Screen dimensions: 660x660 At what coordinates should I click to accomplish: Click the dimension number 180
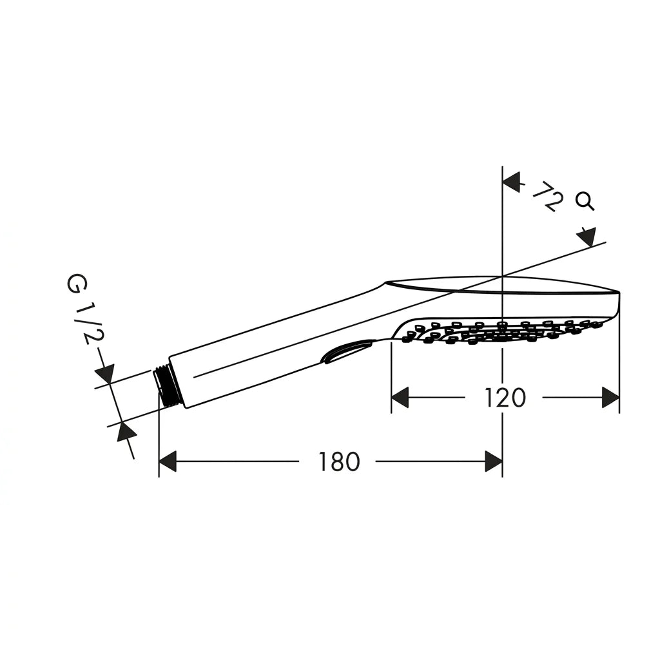339,461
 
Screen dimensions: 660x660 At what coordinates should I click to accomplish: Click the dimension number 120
505,398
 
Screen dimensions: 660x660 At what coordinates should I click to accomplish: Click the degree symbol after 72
585,201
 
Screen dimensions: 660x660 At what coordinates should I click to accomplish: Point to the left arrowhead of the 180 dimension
168,461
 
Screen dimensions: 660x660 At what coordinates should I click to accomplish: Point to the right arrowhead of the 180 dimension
493,461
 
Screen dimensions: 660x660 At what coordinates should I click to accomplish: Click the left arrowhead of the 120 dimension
400,397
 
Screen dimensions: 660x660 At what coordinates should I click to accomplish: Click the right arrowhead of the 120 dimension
611,397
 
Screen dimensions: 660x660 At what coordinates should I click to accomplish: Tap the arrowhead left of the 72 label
512,182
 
